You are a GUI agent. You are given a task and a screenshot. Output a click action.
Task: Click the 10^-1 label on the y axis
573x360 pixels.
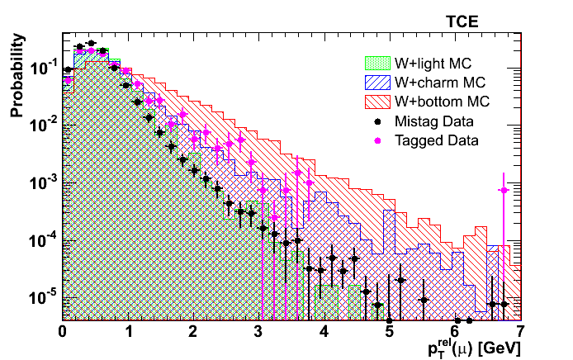[x=44, y=68]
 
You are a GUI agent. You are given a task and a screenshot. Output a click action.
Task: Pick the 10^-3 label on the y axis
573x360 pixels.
[x=44, y=182]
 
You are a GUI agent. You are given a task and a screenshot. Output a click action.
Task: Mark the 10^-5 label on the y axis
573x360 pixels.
[x=44, y=296]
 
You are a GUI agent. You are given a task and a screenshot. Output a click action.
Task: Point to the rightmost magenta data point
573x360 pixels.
[x=504, y=191]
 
